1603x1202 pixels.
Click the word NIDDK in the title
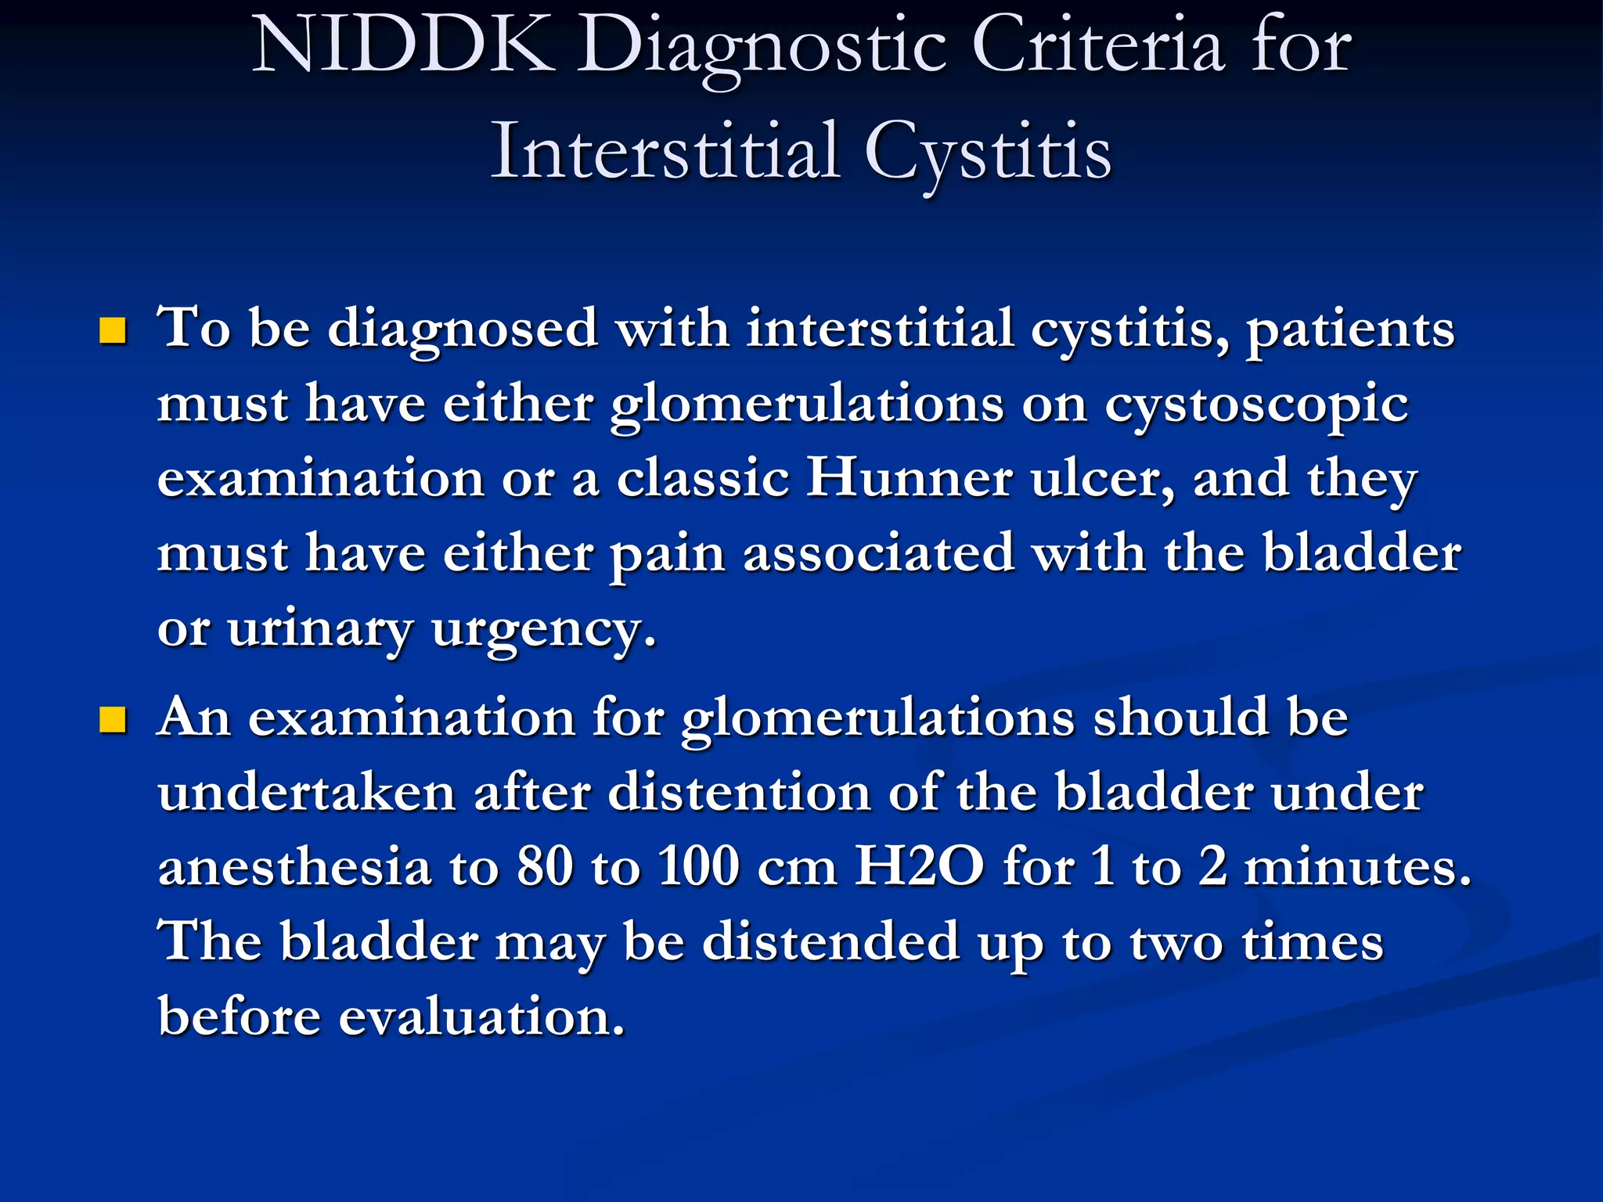402,47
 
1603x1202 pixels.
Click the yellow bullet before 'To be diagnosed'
113,331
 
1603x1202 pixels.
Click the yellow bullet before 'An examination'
113,719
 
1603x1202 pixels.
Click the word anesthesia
295,868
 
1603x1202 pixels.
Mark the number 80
546,867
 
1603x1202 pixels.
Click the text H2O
919,867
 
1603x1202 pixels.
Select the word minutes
1357,867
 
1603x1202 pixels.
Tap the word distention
738,792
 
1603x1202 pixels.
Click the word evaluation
482,1017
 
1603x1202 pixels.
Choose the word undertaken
307,792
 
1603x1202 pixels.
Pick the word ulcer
1102,479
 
